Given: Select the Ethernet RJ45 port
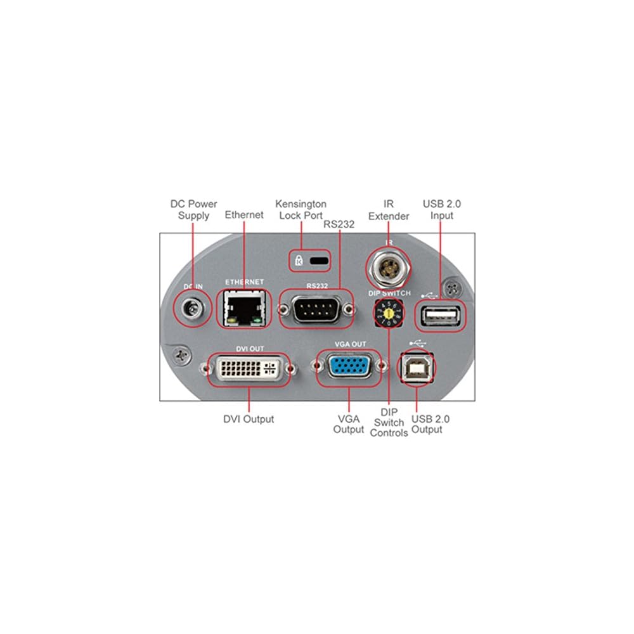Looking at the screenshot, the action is pos(242,308).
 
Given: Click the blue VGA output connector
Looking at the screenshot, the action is pos(348,368).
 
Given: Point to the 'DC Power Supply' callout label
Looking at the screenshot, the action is pos(193,210).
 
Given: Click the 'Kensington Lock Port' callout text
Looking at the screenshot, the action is pos(301,210).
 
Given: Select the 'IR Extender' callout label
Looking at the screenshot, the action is pos(389,210).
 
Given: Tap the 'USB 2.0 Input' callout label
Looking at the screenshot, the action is pos(441,210).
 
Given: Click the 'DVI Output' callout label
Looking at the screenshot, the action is pos(249,419).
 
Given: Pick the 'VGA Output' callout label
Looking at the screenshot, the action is pos(348,424).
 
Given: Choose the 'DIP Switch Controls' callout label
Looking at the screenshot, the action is pos(389,422).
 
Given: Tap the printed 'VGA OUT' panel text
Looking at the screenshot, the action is pos(351,344).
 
